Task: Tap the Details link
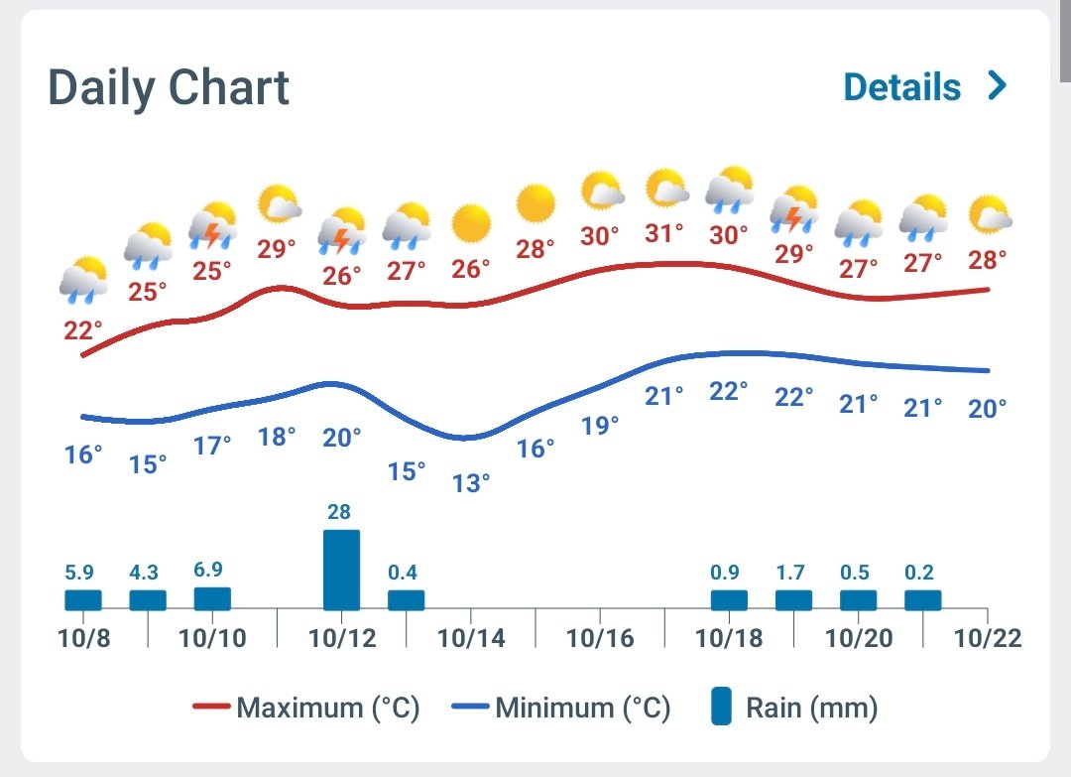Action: click(x=901, y=87)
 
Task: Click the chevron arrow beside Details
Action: click(x=998, y=86)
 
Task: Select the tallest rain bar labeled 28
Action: click(x=341, y=570)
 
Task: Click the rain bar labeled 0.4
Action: click(x=406, y=600)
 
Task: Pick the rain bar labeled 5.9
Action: click(x=83, y=600)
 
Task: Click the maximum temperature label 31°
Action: click(x=664, y=233)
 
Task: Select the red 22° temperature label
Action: click(x=83, y=331)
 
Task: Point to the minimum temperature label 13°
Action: click(x=471, y=483)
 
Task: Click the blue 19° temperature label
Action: click(x=600, y=426)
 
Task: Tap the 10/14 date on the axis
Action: click(x=471, y=637)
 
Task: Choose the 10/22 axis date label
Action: click(x=988, y=637)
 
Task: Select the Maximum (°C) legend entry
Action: click(x=306, y=709)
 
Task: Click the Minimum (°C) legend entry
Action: click(x=561, y=709)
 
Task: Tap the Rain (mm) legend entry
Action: click(x=794, y=709)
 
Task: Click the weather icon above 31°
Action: click(x=666, y=189)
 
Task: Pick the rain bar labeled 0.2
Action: click(x=922, y=600)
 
